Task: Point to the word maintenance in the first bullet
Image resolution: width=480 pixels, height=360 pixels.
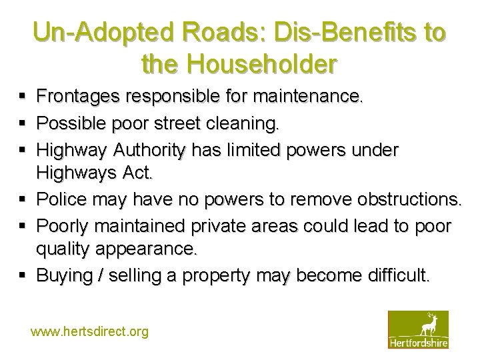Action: click(305, 97)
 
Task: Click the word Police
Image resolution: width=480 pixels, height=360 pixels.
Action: click(62, 199)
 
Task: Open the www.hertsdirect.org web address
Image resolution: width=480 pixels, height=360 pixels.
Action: click(89, 331)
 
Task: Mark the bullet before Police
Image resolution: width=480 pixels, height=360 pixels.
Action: click(23, 199)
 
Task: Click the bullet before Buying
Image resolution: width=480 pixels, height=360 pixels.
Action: click(23, 275)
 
